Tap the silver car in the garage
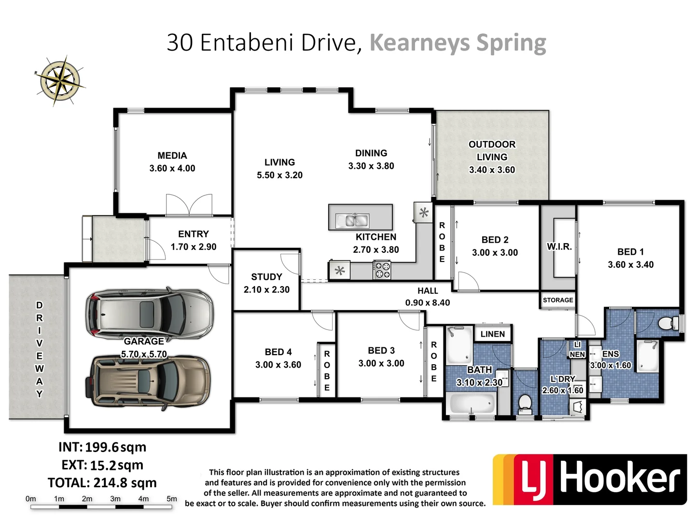point(149,314)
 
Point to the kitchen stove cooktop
point(382,270)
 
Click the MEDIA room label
point(172,156)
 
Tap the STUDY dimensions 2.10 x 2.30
point(266,289)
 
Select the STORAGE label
point(558,300)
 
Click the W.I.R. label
point(559,247)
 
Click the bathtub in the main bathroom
point(472,402)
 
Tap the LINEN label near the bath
point(492,334)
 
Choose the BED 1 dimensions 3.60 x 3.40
point(630,264)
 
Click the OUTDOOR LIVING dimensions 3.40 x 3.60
point(492,170)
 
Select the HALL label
point(428,290)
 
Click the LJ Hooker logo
point(589,479)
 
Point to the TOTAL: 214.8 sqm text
point(102,482)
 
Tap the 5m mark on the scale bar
point(172,499)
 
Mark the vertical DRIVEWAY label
point(40,349)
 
